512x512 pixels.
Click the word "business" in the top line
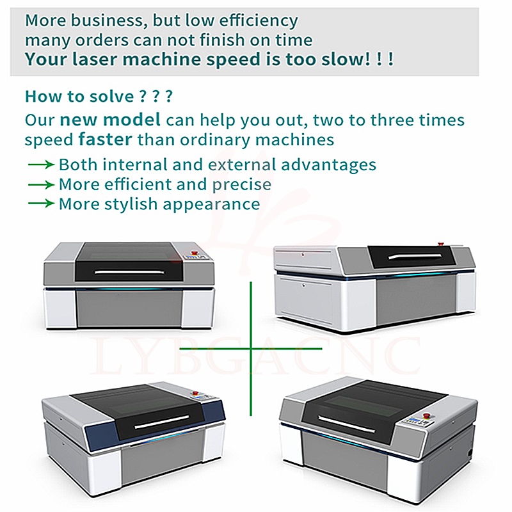pos(107,20)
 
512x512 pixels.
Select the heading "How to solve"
pos(79,97)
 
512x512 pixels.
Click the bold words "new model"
pos(110,119)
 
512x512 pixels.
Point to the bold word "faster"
pos(105,139)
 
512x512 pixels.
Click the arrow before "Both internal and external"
pos(41,164)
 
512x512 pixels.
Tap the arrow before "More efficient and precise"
pos(41,185)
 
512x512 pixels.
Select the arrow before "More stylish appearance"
pos(41,204)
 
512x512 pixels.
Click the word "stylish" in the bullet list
pos(131,204)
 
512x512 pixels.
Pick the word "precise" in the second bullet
pos(242,185)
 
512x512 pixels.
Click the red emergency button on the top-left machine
pos(196,252)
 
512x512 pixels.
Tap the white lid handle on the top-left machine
pos(130,272)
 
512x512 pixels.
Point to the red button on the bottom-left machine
pos(196,393)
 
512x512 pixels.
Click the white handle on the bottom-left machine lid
pos(162,422)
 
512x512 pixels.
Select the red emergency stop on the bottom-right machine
pos(426,415)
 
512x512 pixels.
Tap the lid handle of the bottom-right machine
pos(347,424)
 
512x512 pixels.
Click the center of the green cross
pos(251,349)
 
